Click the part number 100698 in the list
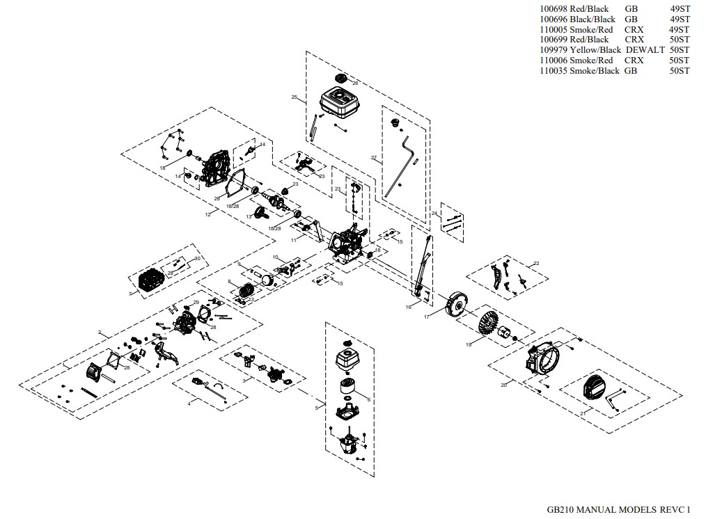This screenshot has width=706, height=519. tap(554, 9)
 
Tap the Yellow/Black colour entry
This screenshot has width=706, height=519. tap(595, 50)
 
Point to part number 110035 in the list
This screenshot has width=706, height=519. tap(554, 71)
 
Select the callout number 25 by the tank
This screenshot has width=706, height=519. tap(295, 97)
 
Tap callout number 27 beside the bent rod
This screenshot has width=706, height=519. tap(374, 159)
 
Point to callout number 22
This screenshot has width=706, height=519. tap(536, 264)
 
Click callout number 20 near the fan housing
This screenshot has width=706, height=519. tap(503, 385)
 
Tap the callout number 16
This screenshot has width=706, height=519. tap(409, 306)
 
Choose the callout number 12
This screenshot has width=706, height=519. tap(207, 215)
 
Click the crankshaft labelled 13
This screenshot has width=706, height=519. tap(266, 206)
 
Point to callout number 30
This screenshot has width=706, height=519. tap(197, 258)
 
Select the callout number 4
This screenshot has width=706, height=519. tap(189, 404)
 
